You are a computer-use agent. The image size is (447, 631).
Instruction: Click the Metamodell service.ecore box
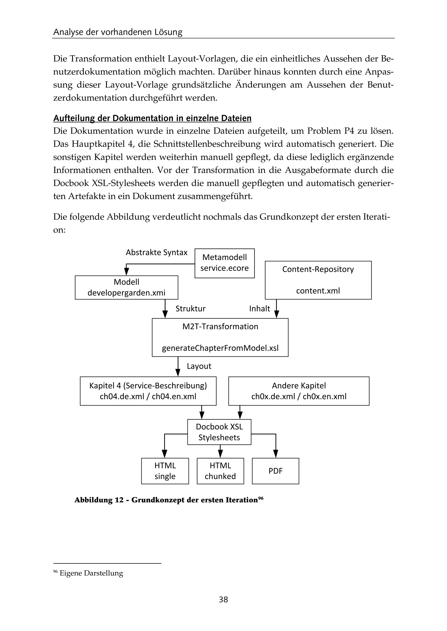coord(224,263)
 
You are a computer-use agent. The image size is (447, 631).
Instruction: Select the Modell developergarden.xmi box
coord(126,287)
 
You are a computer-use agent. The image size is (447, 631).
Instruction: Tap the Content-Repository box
coord(318,280)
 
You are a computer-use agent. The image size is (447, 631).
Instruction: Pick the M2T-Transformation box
coord(220,337)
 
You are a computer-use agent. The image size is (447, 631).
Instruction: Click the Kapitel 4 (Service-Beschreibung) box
coord(148,391)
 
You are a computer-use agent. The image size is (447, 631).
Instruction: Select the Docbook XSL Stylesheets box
coord(219,432)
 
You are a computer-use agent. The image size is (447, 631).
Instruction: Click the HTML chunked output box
coord(220,471)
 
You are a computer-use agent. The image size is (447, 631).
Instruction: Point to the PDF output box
coord(275,471)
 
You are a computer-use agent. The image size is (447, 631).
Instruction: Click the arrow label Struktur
coord(191,309)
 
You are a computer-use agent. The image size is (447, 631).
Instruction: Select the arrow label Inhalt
coord(259,309)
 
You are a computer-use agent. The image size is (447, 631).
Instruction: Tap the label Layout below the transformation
coord(199,366)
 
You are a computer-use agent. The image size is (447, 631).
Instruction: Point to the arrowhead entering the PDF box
coord(275,453)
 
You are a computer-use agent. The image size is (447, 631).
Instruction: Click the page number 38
coord(223,599)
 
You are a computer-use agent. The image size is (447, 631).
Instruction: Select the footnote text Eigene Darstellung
coord(91,573)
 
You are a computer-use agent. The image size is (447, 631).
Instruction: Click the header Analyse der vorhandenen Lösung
coord(118,32)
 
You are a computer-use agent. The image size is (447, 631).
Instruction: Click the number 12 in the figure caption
coord(119,500)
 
